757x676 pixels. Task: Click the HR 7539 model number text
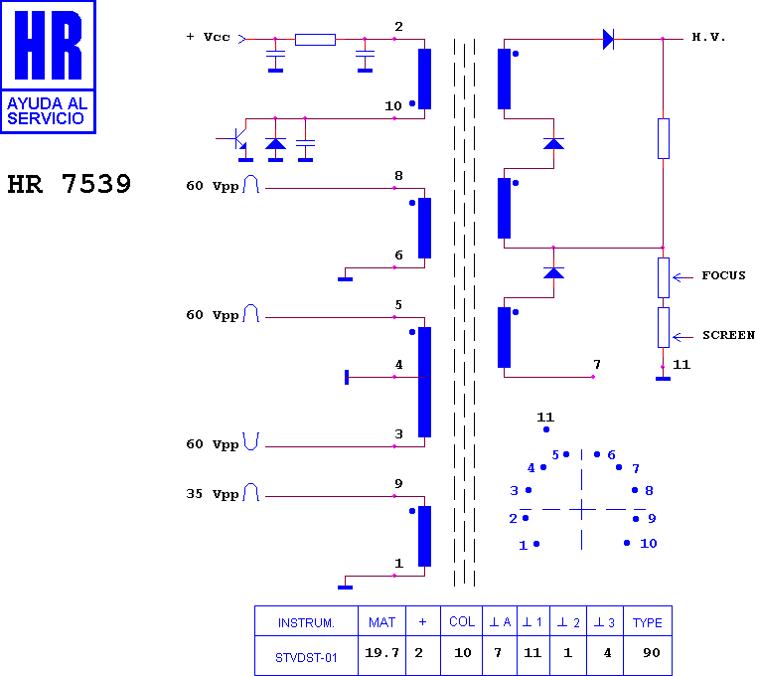tap(69, 184)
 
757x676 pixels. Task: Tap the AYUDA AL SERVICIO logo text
tap(48, 110)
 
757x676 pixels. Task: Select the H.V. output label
tap(708, 37)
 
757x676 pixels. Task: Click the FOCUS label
tap(723, 275)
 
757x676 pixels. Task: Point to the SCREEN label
tap(728, 335)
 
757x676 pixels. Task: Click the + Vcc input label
tap(208, 37)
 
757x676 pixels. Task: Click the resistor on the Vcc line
tap(315, 40)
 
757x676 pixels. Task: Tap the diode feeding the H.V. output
tap(608, 39)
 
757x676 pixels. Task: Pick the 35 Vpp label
tap(213, 494)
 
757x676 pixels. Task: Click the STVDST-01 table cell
tap(306, 658)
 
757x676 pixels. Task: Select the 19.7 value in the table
tap(381, 653)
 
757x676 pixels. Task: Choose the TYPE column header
tap(648, 623)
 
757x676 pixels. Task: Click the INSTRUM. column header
tap(306, 623)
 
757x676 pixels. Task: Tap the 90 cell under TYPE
tap(652, 653)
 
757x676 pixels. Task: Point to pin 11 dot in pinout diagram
tap(546, 429)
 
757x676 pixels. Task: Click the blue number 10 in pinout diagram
tap(649, 544)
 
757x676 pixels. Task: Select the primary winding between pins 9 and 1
tap(424, 537)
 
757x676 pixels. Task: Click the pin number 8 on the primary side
tap(398, 175)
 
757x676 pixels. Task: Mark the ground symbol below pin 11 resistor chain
tap(663, 379)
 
